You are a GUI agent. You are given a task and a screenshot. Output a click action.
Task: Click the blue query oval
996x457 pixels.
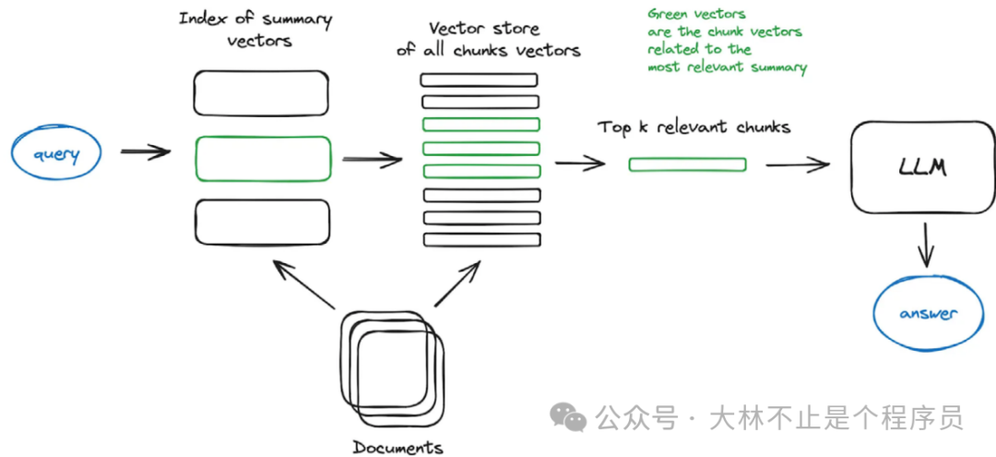57,153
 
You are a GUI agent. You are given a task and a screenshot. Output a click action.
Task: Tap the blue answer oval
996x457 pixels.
928,314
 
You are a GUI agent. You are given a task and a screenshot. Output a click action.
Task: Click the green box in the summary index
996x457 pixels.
262,158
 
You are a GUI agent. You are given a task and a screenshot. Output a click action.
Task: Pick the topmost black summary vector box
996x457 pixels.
262,93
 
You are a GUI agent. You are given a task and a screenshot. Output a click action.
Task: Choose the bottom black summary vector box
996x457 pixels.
262,222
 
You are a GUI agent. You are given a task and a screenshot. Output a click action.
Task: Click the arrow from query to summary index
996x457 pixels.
146,151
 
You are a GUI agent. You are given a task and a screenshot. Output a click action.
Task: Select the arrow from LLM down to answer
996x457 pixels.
926,247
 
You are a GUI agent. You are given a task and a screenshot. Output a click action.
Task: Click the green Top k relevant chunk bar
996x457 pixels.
688,164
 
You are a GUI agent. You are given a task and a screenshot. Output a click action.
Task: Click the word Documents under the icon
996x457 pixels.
397,448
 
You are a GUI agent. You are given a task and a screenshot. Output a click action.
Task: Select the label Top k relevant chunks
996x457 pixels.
694,126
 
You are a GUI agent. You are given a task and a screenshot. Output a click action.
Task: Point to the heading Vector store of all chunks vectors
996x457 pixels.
489,40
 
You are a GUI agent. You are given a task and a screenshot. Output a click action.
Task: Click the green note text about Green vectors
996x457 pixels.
726,41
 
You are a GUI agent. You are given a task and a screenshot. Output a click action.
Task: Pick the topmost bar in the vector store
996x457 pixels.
480,80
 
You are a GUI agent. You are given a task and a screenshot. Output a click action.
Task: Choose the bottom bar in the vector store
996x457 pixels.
480,239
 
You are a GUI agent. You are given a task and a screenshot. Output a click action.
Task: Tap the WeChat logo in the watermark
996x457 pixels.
569,418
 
